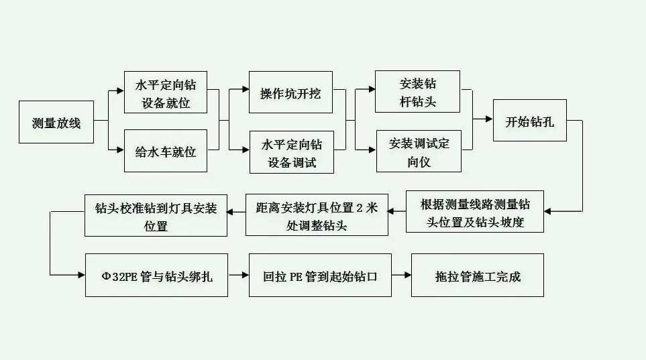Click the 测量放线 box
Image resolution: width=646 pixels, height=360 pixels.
[56, 122]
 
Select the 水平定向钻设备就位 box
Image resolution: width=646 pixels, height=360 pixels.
[166, 93]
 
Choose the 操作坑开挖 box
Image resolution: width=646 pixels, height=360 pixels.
[290, 93]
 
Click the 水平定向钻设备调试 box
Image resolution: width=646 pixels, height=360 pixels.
[290, 152]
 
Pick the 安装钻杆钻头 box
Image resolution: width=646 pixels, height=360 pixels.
[417, 91]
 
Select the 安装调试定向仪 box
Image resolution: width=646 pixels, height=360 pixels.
[417, 151]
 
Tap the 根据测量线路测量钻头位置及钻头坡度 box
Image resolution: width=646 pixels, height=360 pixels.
[475, 212]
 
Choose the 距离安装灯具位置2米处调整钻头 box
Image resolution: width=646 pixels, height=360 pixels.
[317, 215]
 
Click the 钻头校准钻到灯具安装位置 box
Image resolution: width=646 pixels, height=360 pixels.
[156, 215]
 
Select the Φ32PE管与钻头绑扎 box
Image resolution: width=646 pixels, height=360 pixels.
[156, 275]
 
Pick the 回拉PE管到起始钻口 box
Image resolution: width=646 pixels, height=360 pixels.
[319, 275]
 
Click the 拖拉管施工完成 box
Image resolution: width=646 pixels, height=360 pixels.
[477, 275]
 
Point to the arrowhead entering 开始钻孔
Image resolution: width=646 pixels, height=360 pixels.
[488, 119]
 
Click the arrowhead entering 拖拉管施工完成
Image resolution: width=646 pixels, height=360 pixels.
[407, 275]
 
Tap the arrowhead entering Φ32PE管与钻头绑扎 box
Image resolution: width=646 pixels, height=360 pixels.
[80, 275]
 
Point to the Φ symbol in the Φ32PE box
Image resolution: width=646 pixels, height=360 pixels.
[105, 276]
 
